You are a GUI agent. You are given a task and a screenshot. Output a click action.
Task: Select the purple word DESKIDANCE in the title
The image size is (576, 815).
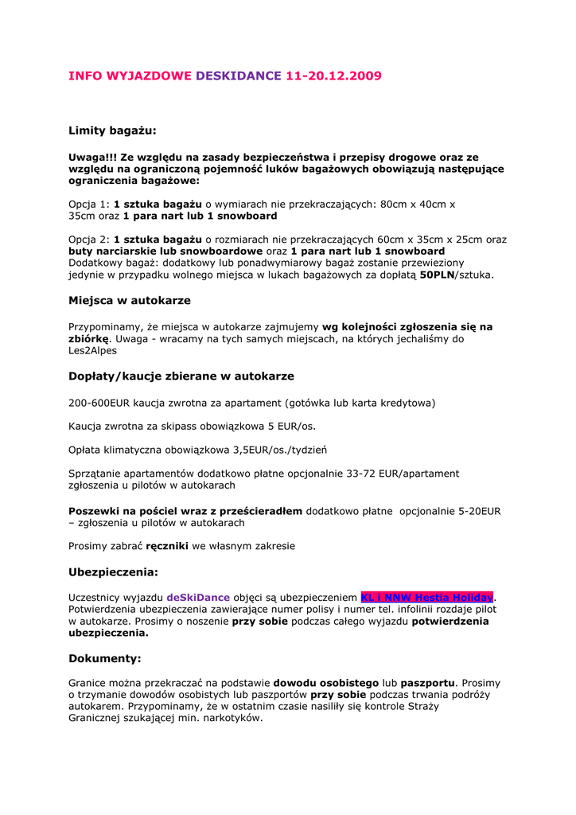tap(239, 76)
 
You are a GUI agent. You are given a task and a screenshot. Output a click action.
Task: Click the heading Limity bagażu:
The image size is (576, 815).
tap(112, 130)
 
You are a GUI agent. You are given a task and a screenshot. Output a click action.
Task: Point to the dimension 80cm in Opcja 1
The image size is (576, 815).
tap(396, 204)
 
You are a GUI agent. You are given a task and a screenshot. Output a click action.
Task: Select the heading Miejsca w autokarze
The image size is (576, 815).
tap(130, 301)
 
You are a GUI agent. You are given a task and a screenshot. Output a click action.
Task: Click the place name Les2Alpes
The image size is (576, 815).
tap(92, 350)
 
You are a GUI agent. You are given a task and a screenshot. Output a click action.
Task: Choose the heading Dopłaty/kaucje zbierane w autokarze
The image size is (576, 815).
tap(181, 376)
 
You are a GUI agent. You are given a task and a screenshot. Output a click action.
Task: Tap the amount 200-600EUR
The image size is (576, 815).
tap(100, 403)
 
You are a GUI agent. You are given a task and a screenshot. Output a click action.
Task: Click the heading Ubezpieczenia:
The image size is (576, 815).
tap(114, 572)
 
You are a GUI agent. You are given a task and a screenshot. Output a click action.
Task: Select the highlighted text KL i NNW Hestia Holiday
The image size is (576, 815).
tap(427, 598)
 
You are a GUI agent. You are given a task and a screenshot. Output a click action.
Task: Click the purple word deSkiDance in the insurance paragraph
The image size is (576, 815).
tap(198, 598)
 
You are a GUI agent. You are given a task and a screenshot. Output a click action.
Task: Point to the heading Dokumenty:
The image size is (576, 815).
tap(105, 659)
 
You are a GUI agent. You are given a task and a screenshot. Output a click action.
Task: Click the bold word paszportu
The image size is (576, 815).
tap(427, 683)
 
